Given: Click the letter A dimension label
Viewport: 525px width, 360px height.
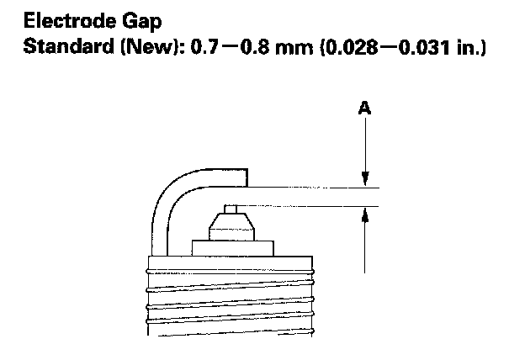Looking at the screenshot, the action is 364,108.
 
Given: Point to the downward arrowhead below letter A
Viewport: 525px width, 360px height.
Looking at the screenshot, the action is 364,179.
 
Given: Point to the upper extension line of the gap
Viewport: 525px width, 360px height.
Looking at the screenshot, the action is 311,187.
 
